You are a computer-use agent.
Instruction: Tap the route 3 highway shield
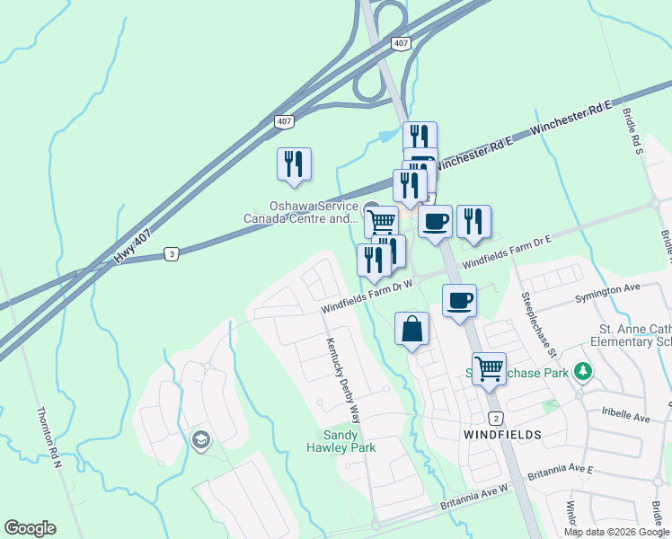[171, 254]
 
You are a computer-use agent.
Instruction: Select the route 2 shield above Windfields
[495, 419]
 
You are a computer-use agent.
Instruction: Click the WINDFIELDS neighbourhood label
[502, 434]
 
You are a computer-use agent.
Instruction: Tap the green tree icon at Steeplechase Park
[583, 370]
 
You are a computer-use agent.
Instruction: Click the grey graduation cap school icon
[200, 439]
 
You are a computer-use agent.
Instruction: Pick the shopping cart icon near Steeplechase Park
[489, 367]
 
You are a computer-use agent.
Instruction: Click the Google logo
[30, 528]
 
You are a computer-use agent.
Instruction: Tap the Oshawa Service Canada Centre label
[301, 212]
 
